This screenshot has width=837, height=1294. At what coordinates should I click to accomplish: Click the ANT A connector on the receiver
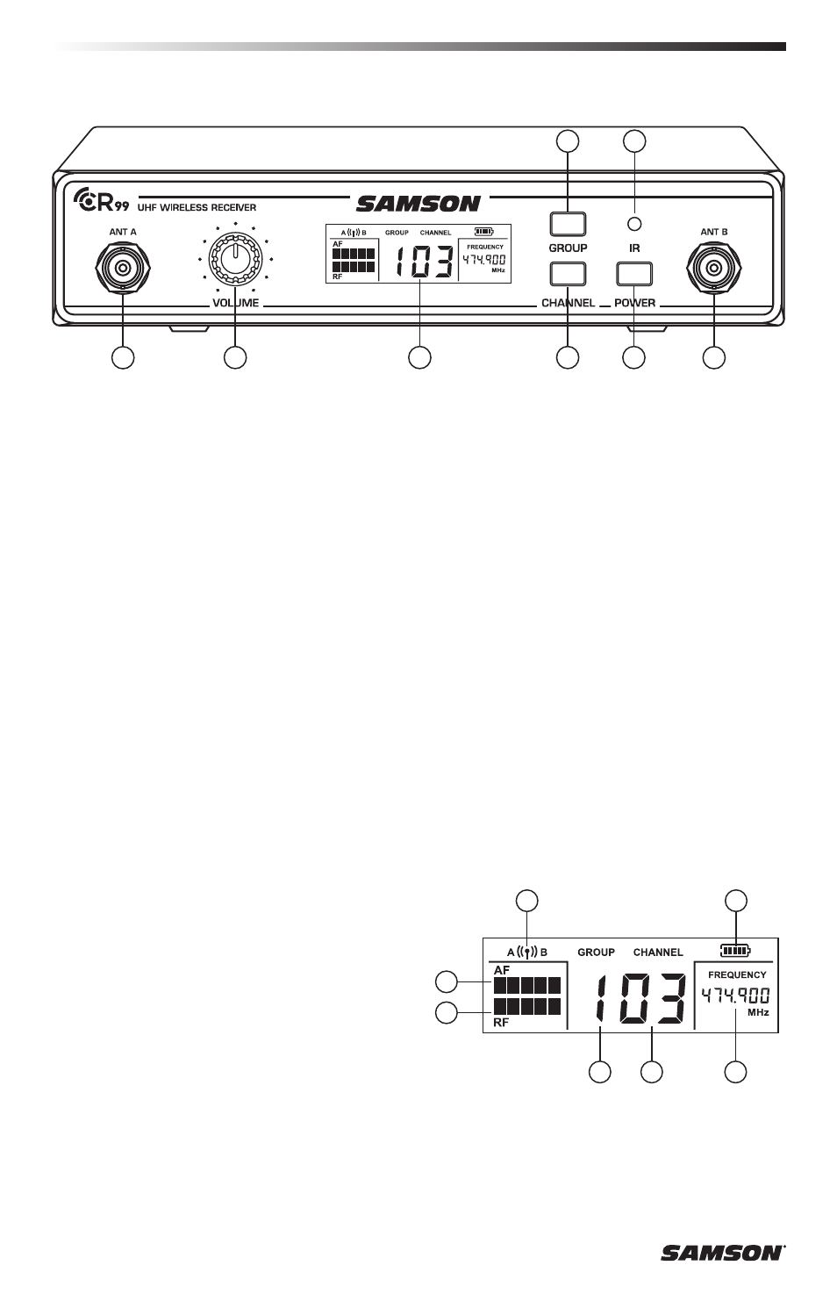[x=123, y=268]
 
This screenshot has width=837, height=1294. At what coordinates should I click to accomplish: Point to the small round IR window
[x=633, y=224]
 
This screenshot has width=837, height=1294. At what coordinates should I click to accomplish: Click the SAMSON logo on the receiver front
[x=418, y=204]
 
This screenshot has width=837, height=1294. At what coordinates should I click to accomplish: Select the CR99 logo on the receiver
[x=102, y=203]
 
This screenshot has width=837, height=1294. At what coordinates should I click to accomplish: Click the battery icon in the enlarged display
[x=735, y=950]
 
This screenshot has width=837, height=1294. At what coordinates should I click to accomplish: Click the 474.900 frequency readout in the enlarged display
[x=735, y=996]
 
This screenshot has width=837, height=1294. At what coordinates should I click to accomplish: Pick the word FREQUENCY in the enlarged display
[x=737, y=974]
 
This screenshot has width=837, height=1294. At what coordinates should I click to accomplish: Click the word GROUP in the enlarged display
[x=596, y=952]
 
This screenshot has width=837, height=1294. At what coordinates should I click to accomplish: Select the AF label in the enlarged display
[x=502, y=970]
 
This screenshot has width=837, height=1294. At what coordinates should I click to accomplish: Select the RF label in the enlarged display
[x=501, y=1022]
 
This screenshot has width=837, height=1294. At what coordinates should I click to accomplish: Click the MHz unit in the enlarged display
[x=758, y=1012]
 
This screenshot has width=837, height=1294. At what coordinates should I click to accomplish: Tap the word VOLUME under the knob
[x=234, y=303]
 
